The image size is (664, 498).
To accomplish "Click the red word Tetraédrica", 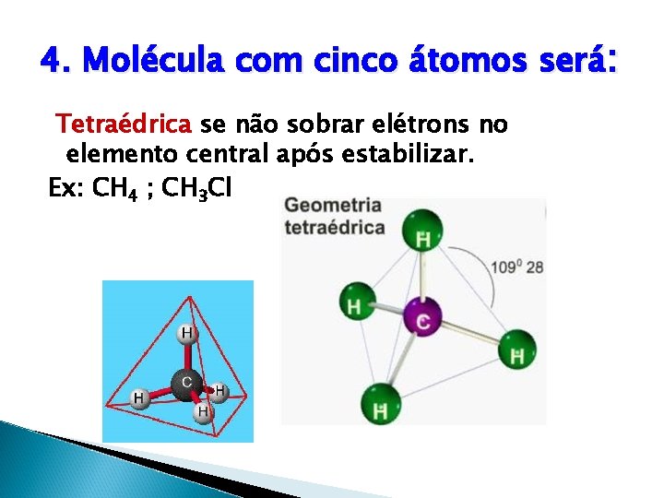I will (x=124, y=124).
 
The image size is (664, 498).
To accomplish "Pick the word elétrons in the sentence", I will (x=421, y=124).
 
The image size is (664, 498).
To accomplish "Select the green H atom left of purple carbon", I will (x=355, y=303).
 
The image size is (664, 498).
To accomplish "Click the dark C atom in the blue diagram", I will (x=187, y=381).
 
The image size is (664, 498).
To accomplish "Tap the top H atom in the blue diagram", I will (x=186, y=332).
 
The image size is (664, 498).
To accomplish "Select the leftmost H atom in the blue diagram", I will (x=138, y=397).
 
